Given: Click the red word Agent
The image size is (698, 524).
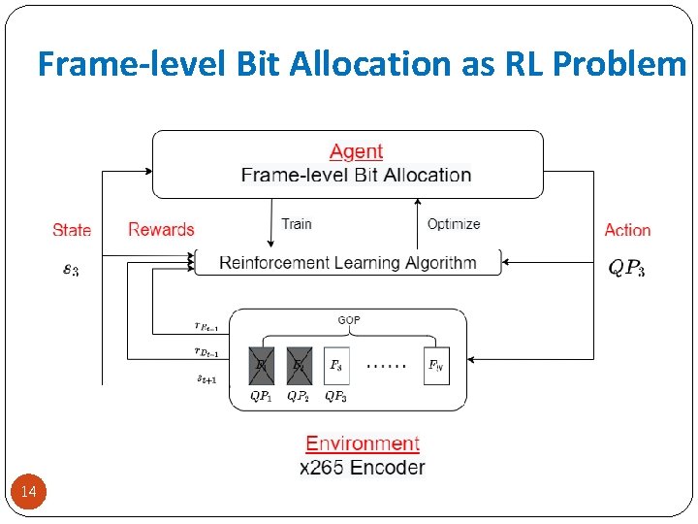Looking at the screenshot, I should tap(356, 151).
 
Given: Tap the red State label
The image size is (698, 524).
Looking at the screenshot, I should tap(72, 230).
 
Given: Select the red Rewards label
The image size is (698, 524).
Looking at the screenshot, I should tap(161, 230).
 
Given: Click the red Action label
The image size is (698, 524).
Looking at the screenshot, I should tap(627, 230).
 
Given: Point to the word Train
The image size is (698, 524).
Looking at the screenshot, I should tap(296, 224).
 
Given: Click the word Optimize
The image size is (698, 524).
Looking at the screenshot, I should tap(454, 224).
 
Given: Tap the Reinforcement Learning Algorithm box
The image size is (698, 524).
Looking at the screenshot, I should tap(348, 262).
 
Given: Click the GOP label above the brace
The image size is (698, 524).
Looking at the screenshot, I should tap(349, 319).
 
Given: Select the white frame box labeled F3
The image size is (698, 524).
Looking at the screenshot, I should tap(336, 366).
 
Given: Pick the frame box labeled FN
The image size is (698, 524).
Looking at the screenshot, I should tap(436, 366).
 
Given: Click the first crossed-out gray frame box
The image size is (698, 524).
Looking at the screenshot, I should tap(262, 366).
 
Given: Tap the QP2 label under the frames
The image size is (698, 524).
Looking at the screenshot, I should tap(299, 397).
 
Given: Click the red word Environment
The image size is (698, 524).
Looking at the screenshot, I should tap(363, 443).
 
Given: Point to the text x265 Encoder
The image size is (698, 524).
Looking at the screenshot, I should tap(363, 468).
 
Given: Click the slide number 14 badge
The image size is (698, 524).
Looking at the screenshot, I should tap(29, 493).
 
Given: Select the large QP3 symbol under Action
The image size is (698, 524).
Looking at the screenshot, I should tap(626, 269).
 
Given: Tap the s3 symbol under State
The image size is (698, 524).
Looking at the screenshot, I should tap(71, 270).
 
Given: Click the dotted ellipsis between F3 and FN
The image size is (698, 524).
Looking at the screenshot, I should tap(386, 367).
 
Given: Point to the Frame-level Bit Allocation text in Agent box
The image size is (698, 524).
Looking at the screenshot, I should tap(356, 176).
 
